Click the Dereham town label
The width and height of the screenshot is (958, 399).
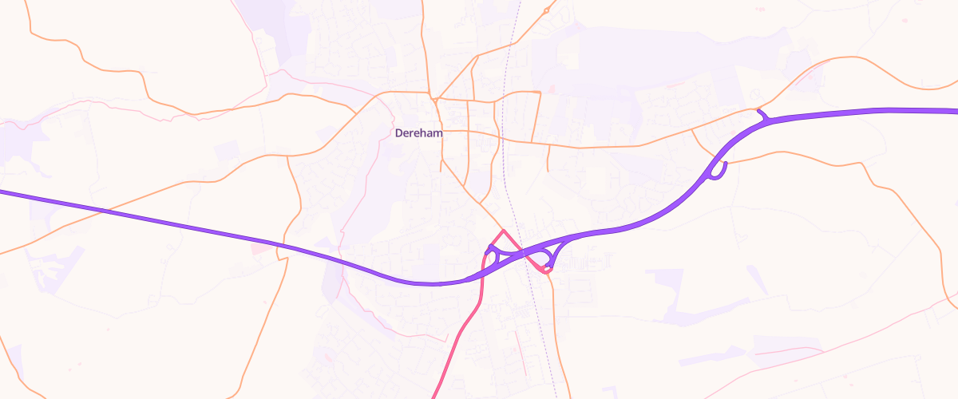(x=418, y=133)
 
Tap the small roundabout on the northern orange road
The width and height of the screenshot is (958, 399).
(x=546, y=10)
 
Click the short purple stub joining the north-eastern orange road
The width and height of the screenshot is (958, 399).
(x=763, y=116)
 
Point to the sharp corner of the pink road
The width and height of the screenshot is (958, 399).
(x=502, y=231)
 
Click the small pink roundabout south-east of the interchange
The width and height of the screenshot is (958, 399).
(x=547, y=271)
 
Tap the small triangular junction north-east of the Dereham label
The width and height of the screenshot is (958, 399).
(x=436, y=100)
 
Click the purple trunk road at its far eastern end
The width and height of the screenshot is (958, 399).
(x=950, y=111)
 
